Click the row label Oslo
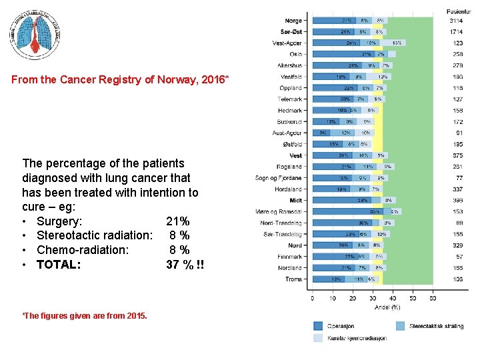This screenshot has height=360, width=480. click(295, 54)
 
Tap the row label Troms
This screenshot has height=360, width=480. click(293, 279)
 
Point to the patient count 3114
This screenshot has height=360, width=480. click(457, 21)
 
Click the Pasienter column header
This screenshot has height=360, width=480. click(459, 11)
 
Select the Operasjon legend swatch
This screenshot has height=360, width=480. click(319, 326)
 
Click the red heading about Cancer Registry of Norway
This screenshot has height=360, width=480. click(121, 80)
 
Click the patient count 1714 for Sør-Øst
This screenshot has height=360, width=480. click(457, 31)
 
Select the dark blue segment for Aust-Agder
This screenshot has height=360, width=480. click(318, 133)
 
